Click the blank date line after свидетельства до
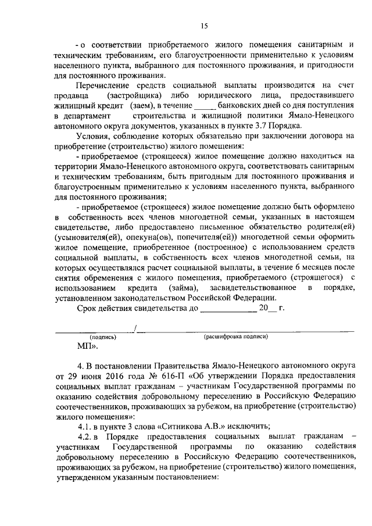228,310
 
